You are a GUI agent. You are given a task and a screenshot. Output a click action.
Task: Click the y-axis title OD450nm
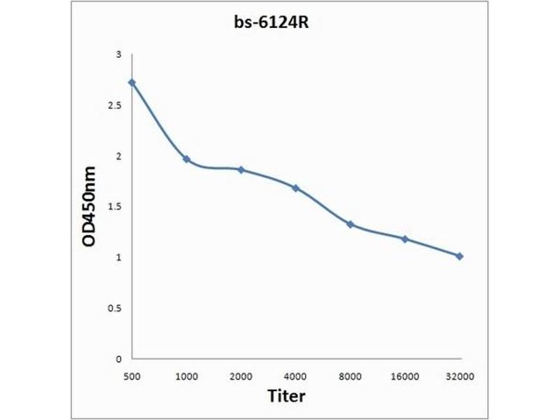coord(89,206)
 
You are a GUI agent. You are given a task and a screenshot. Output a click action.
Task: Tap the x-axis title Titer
coord(287,396)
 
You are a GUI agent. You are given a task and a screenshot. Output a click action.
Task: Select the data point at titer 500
coord(132,83)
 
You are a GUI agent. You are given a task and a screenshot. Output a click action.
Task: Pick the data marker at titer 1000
coord(186,160)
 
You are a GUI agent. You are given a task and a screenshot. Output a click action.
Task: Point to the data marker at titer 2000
coord(241,170)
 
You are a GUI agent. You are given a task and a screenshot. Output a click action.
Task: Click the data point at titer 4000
coord(295,188)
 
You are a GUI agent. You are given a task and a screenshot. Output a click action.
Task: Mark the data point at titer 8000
coord(350,225)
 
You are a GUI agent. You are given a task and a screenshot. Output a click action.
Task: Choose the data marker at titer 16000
coord(405,239)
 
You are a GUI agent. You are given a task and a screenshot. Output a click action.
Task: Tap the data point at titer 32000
coord(459,256)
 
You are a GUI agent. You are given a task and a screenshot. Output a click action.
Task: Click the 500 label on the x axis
coord(132,376)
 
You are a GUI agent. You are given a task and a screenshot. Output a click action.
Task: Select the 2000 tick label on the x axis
coord(241,376)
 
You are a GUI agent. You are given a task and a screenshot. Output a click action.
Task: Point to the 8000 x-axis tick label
coord(350,376)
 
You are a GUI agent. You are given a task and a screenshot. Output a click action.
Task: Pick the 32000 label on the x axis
coord(459,376)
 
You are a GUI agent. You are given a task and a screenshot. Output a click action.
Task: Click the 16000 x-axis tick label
coord(405,376)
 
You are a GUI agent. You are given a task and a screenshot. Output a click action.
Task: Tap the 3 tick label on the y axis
coord(119,55)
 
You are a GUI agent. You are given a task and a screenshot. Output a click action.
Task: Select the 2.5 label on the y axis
coord(115,106)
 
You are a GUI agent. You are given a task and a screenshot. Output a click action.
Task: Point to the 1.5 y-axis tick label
coord(115,207)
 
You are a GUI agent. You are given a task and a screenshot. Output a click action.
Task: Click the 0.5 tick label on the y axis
coord(115,309)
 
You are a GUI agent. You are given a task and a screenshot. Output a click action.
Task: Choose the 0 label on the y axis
coord(119,359)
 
